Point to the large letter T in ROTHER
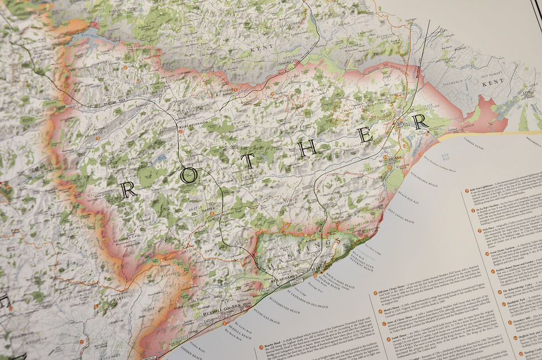(248, 160)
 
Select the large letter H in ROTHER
(310, 146)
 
